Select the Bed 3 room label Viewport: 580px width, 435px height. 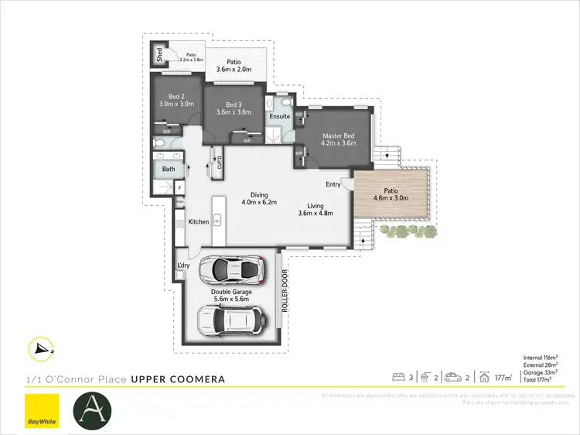235,104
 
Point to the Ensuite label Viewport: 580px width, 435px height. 279,117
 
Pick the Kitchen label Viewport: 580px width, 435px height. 199,222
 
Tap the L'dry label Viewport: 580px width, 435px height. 184,266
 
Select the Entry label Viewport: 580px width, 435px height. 333,184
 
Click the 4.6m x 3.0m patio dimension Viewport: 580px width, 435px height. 391,198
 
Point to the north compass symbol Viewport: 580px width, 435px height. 39,350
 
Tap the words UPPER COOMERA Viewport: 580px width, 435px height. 178,379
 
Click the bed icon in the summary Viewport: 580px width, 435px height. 399,378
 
